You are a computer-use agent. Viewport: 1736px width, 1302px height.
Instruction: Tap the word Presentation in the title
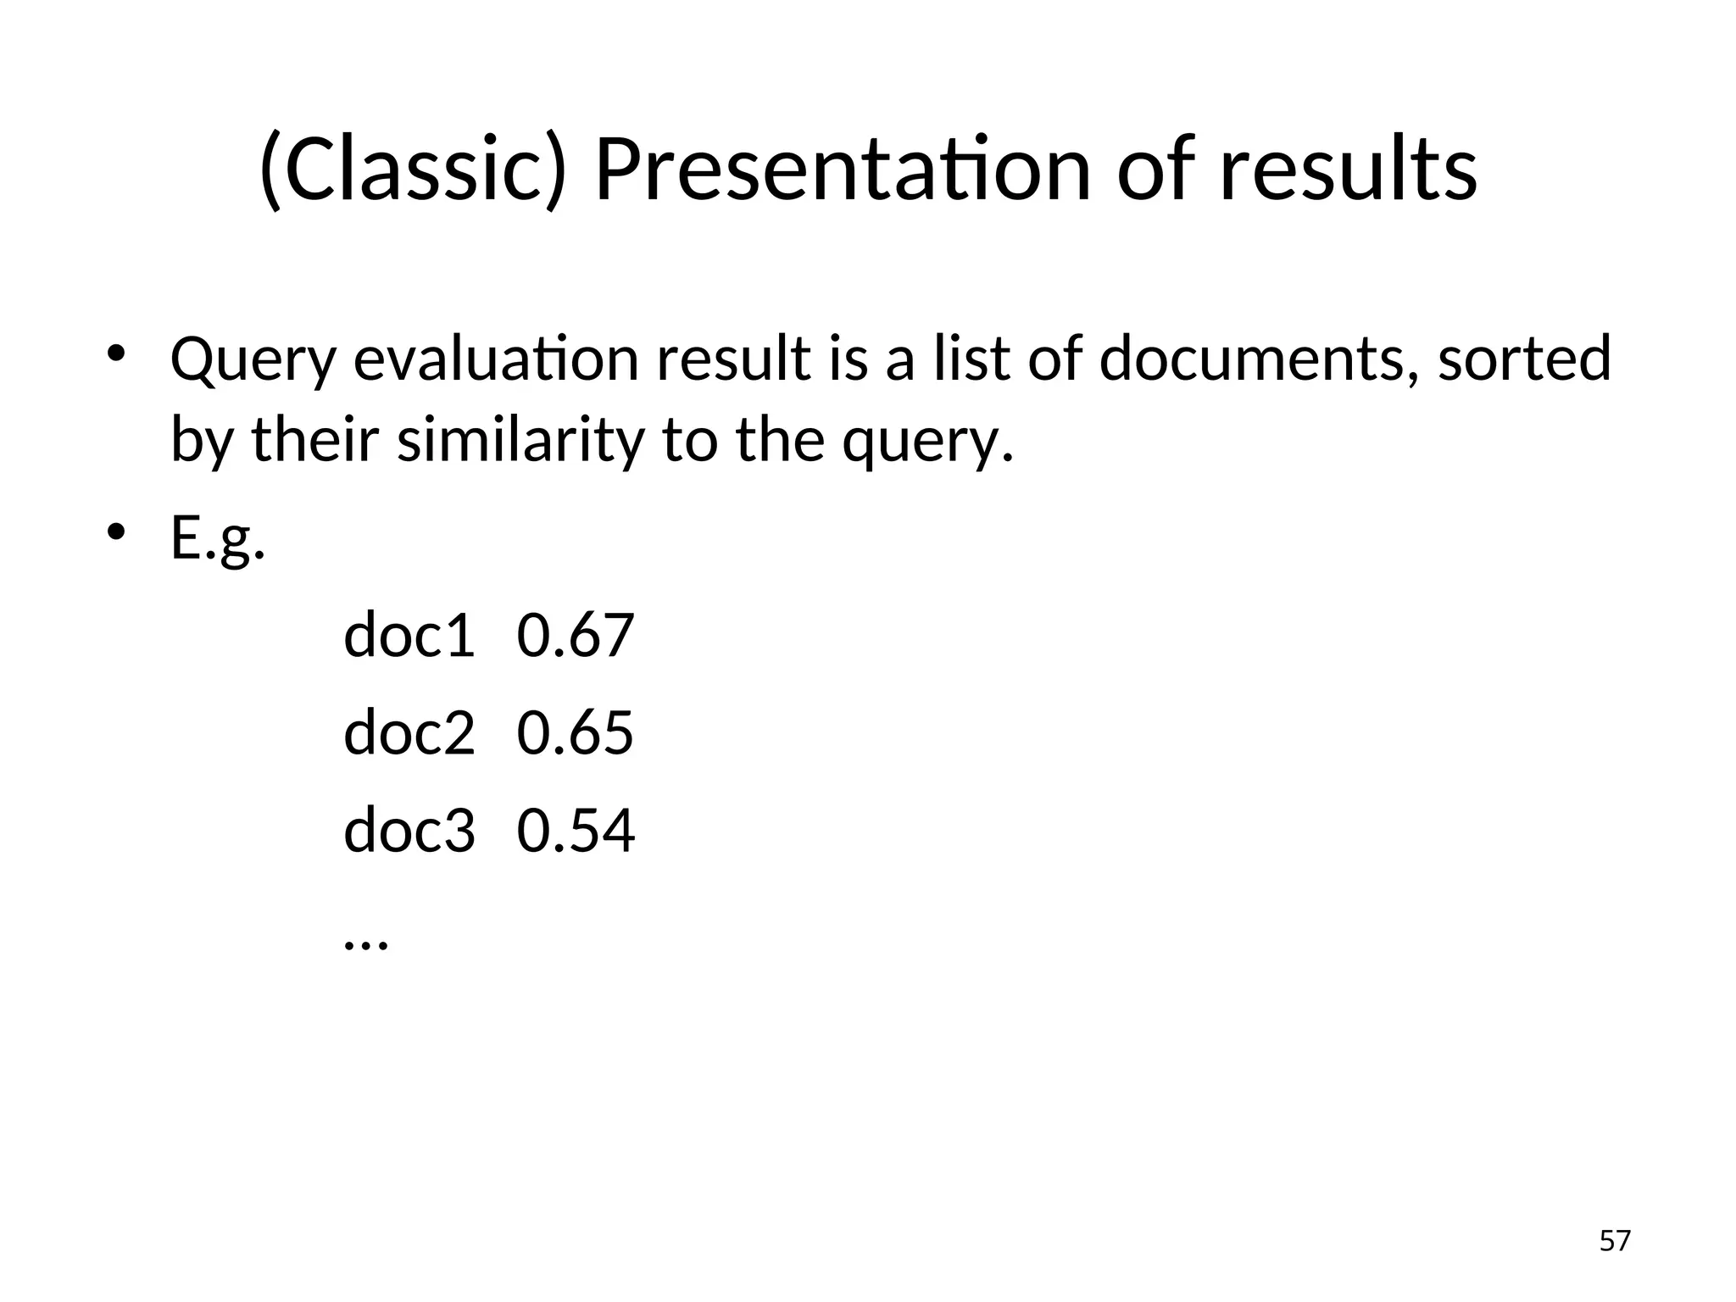click(842, 170)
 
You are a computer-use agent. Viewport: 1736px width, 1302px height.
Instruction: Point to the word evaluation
click(495, 359)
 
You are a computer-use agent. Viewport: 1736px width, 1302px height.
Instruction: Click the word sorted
click(1524, 359)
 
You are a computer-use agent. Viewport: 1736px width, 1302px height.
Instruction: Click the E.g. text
click(218, 539)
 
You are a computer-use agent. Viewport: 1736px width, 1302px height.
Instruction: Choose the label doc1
click(409, 636)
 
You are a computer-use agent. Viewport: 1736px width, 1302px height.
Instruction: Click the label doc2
click(409, 733)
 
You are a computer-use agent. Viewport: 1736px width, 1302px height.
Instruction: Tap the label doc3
click(409, 831)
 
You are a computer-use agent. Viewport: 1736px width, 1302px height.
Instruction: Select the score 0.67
click(576, 636)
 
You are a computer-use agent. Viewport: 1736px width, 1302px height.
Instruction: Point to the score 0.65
click(576, 733)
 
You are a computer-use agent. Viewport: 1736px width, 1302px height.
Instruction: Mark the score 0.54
click(576, 831)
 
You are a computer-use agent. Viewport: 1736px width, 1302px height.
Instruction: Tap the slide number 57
click(1615, 1241)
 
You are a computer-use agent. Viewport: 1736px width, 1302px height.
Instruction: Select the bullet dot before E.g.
click(116, 532)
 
